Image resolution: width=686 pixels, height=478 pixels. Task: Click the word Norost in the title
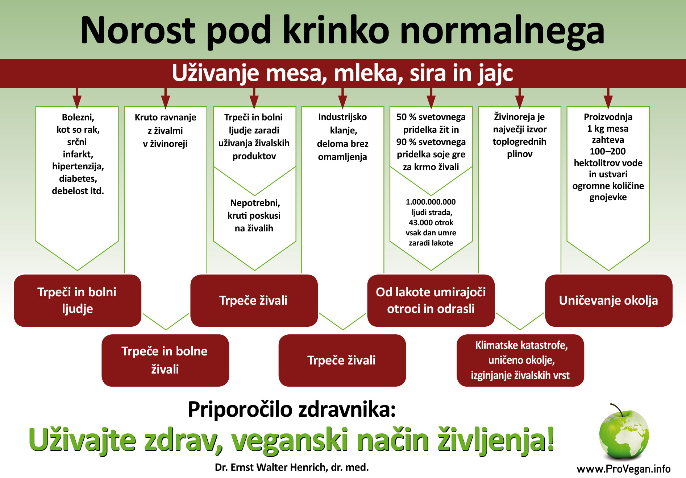tap(138, 30)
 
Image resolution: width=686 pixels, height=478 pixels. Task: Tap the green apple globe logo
tap(624, 432)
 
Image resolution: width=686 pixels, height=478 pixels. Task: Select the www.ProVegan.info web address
tap(624, 469)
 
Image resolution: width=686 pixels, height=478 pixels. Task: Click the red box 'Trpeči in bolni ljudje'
tap(77, 301)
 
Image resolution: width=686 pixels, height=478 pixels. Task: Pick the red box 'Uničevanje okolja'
tap(609, 301)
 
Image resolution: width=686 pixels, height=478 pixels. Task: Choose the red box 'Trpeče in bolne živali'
tap(165, 360)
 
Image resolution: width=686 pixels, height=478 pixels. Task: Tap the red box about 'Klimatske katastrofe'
tap(520, 360)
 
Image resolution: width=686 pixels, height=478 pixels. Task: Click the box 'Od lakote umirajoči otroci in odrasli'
tap(431, 301)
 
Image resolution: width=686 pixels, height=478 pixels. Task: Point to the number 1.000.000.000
tap(431, 202)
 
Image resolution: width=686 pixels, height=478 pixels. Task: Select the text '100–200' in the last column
tap(608, 151)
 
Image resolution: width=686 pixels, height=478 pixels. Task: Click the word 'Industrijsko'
tap(342, 117)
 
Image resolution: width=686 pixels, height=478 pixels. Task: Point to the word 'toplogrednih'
tap(519, 142)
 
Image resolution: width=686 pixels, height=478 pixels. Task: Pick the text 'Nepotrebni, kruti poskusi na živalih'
tap(254, 215)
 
